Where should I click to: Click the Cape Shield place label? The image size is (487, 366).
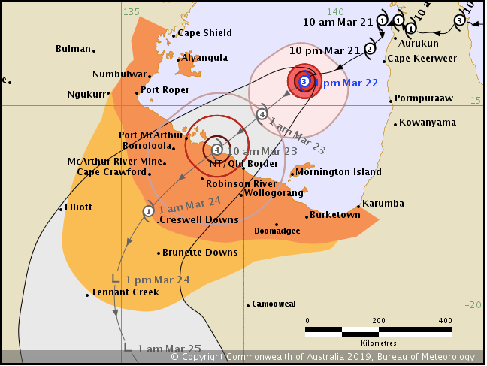(x=205, y=33)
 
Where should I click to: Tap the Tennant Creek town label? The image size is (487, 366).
(x=125, y=292)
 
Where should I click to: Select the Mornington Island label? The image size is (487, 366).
(x=338, y=172)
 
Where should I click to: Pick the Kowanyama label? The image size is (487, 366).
(x=428, y=123)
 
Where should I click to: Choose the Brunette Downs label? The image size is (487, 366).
(x=200, y=253)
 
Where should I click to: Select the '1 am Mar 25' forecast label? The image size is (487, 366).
(x=170, y=348)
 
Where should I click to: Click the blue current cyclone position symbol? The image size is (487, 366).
(x=304, y=81)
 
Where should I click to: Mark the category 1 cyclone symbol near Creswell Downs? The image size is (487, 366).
(x=148, y=211)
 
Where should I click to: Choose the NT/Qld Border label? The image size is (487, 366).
(x=243, y=164)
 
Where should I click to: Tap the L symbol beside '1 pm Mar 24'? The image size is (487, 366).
(x=115, y=277)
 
